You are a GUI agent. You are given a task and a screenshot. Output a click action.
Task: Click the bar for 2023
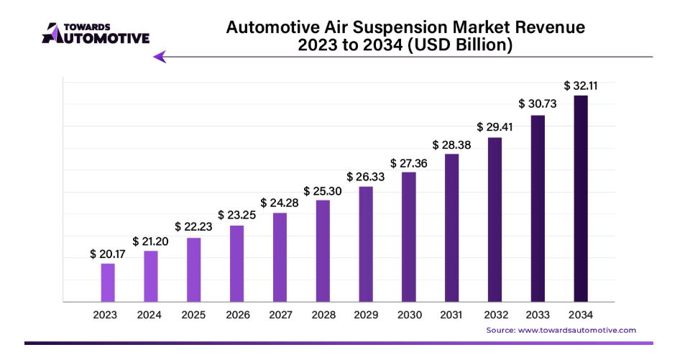pyautogui.click(x=108, y=282)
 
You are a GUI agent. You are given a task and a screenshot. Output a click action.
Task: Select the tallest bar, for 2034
pyautogui.click(x=581, y=198)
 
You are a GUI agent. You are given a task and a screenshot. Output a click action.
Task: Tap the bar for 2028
pyautogui.click(x=323, y=251)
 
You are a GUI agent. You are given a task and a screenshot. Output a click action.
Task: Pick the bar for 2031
pyautogui.click(x=451, y=228)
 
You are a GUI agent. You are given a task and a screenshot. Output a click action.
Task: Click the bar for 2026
pyautogui.click(x=236, y=264)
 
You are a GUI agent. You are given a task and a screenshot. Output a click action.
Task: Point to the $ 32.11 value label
pyautogui.click(x=581, y=86)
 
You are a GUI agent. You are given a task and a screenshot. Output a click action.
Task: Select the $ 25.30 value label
pyautogui.click(x=323, y=190)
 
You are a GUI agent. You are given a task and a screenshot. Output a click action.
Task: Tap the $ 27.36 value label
pyautogui.click(x=408, y=163)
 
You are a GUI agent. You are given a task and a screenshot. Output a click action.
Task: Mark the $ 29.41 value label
pyautogui.click(x=494, y=127)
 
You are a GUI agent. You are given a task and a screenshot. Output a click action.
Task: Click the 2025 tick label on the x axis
pyautogui.click(x=194, y=314)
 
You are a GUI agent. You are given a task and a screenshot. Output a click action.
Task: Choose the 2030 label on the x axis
pyautogui.click(x=408, y=314)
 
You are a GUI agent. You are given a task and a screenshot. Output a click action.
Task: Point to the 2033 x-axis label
pyautogui.click(x=538, y=314)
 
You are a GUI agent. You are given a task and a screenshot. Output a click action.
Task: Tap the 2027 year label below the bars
pyautogui.click(x=280, y=314)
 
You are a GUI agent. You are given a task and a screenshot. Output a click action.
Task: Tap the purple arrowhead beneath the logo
pyautogui.click(x=160, y=57)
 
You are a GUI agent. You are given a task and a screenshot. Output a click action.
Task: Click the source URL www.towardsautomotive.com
pyautogui.click(x=577, y=330)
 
